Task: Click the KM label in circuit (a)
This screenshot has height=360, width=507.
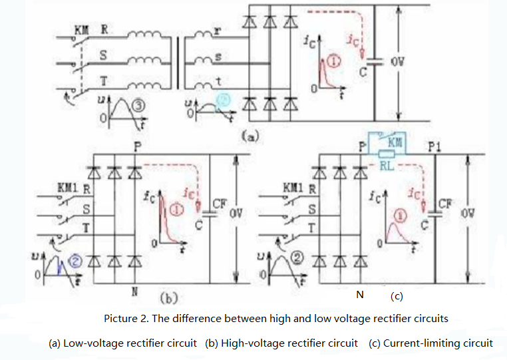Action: [81, 30]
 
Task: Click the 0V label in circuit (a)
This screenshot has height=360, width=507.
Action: [398, 61]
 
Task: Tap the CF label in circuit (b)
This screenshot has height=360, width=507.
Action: [220, 204]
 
